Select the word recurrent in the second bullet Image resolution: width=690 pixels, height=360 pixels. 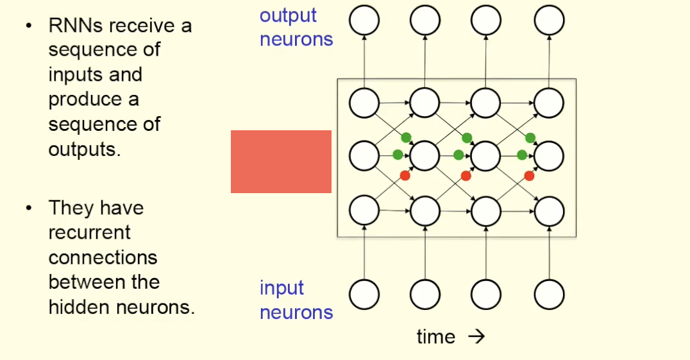[90, 232]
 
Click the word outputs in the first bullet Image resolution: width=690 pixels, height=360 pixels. [83, 149]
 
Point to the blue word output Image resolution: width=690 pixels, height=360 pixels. [288, 15]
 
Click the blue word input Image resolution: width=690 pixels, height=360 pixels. [282, 288]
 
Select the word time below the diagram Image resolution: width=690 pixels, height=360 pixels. [436, 337]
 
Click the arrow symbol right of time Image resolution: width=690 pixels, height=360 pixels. [476, 337]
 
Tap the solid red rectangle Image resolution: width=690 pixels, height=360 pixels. [281, 162]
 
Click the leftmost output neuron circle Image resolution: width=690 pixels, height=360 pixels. [364, 21]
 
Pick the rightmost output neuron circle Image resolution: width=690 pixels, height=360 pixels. [550, 21]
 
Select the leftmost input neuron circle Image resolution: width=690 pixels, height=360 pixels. [364, 295]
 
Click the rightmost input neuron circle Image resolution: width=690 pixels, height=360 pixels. [550, 295]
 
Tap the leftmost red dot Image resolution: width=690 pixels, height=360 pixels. [405, 176]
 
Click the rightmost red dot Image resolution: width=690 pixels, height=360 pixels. [529, 176]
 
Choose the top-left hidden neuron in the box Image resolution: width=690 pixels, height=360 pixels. [364, 102]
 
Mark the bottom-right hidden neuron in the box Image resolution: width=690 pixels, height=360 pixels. [550, 210]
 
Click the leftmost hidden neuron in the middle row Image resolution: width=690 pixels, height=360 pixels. [364, 155]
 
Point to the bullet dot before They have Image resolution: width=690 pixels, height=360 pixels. [28, 208]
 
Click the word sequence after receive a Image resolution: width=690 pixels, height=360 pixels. [104, 50]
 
